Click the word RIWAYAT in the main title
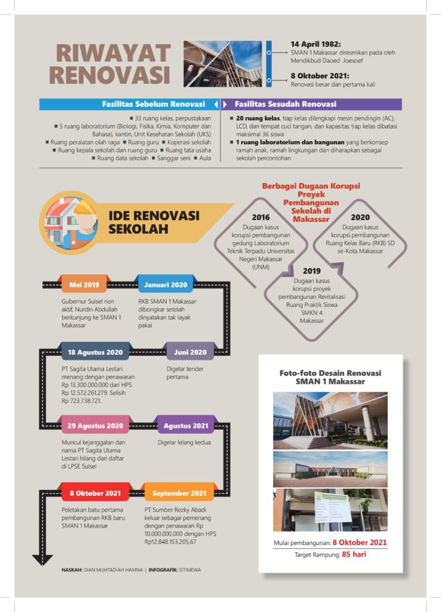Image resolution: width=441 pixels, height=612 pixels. [x=113, y=53]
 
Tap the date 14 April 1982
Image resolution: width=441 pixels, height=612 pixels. [x=316, y=44]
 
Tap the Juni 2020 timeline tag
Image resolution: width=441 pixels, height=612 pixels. [x=190, y=352]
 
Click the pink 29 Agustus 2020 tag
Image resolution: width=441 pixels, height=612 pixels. [x=95, y=426]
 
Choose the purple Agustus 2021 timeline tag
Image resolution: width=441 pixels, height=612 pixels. [x=186, y=426]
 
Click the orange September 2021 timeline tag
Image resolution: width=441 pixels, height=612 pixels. [x=179, y=493]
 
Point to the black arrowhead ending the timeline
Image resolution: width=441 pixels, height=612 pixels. [x=42, y=560]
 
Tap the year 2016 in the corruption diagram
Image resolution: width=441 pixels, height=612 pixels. [x=261, y=217]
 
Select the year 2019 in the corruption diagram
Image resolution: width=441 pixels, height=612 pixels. [x=311, y=271]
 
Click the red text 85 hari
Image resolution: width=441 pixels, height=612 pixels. [x=354, y=554]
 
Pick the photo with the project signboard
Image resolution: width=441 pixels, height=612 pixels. [x=330, y=510]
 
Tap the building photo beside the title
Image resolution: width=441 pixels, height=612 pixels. [x=222, y=64]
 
